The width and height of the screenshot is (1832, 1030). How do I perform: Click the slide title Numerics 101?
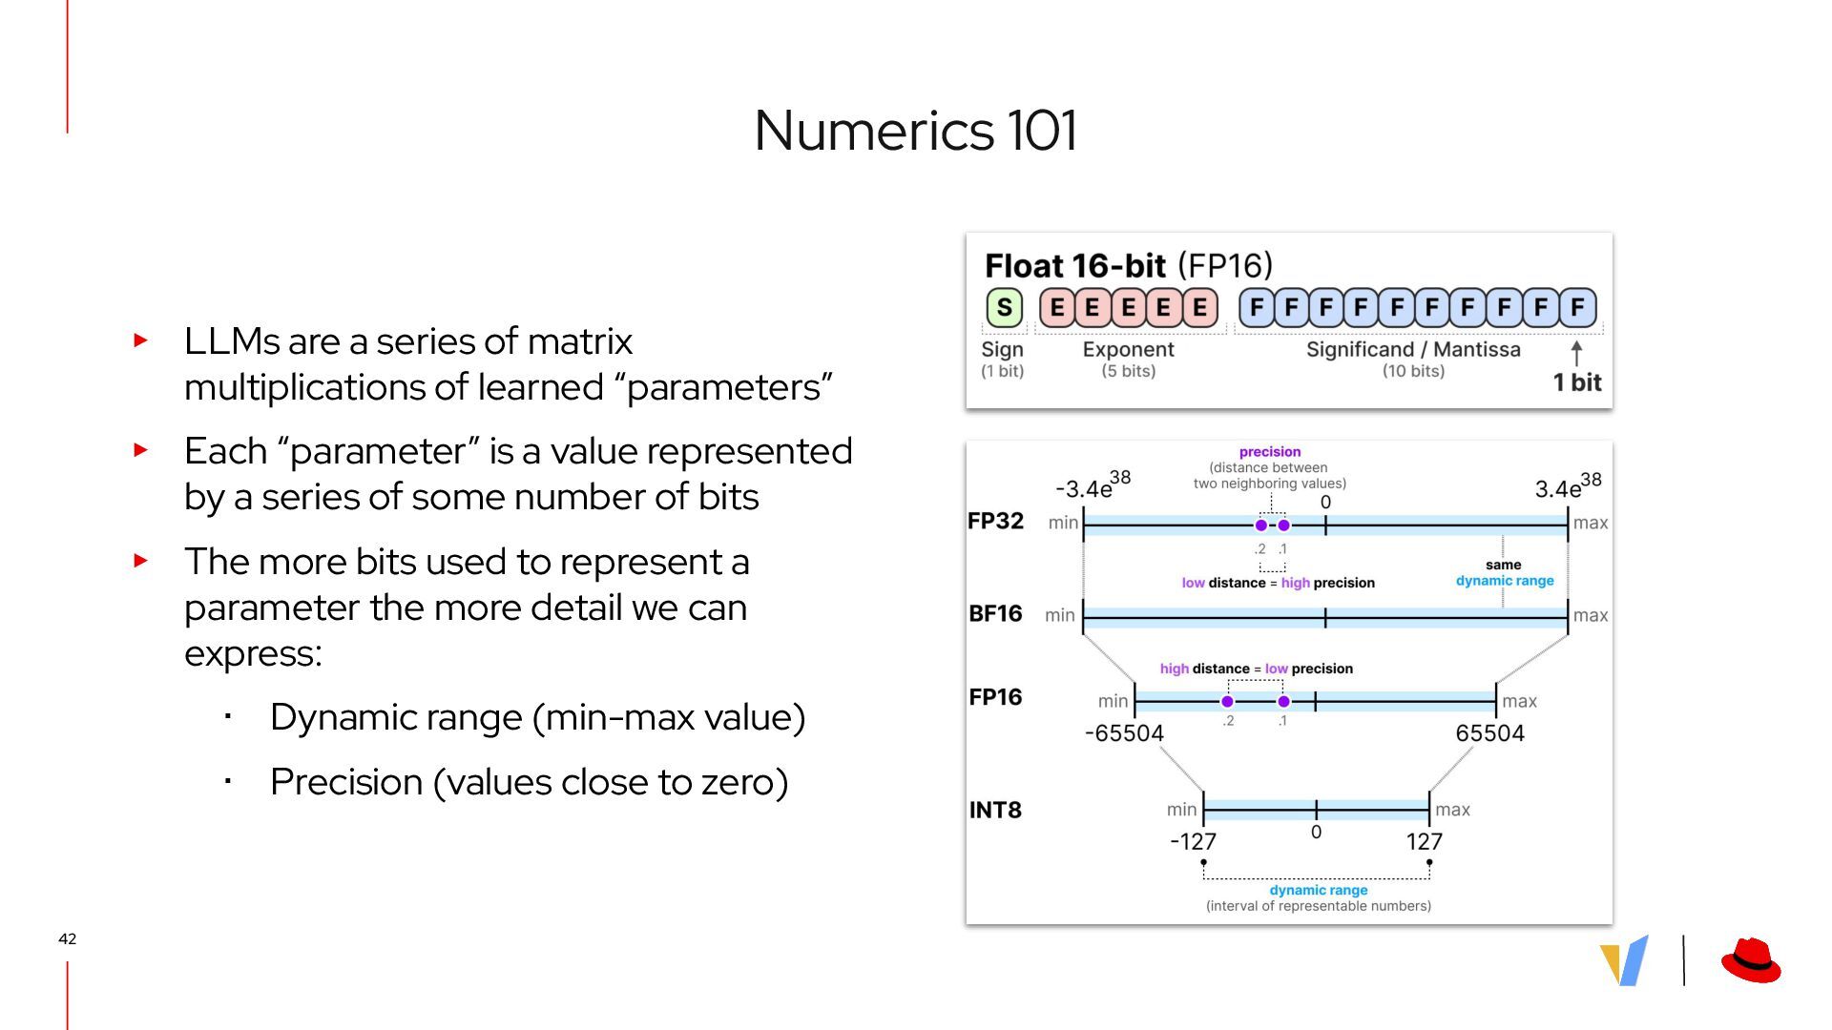coord(915,130)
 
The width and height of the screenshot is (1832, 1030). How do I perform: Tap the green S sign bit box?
coord(1004,307)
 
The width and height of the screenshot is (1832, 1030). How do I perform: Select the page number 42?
coord(67,938)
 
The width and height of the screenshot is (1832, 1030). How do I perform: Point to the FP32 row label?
coord(995,521)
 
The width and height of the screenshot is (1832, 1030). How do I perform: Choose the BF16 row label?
coord(995,613)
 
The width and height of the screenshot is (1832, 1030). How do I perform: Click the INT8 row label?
coord(995,810)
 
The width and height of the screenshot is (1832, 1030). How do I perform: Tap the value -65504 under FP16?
coord(1124,733)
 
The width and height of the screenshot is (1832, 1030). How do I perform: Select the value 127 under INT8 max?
coord(1424,841)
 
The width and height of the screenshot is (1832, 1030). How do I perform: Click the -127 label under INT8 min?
coord(1193,841)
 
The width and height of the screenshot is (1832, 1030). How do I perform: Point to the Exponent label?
coord(1128,349)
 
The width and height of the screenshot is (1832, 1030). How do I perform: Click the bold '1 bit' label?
coord(1576,382)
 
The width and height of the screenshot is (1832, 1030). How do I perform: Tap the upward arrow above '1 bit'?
coord(1576,353)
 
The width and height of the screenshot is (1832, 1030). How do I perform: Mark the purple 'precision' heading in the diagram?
coord(1269,452)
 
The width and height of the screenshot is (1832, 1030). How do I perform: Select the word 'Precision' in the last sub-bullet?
coord(346,782)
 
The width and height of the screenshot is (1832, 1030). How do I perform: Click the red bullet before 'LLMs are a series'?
coord(141,340)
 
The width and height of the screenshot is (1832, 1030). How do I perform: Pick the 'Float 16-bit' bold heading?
coord(1074,266)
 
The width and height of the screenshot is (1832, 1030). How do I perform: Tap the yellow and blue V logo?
coord(1624,959)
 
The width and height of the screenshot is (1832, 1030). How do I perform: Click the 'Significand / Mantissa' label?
coord(1412,349)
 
